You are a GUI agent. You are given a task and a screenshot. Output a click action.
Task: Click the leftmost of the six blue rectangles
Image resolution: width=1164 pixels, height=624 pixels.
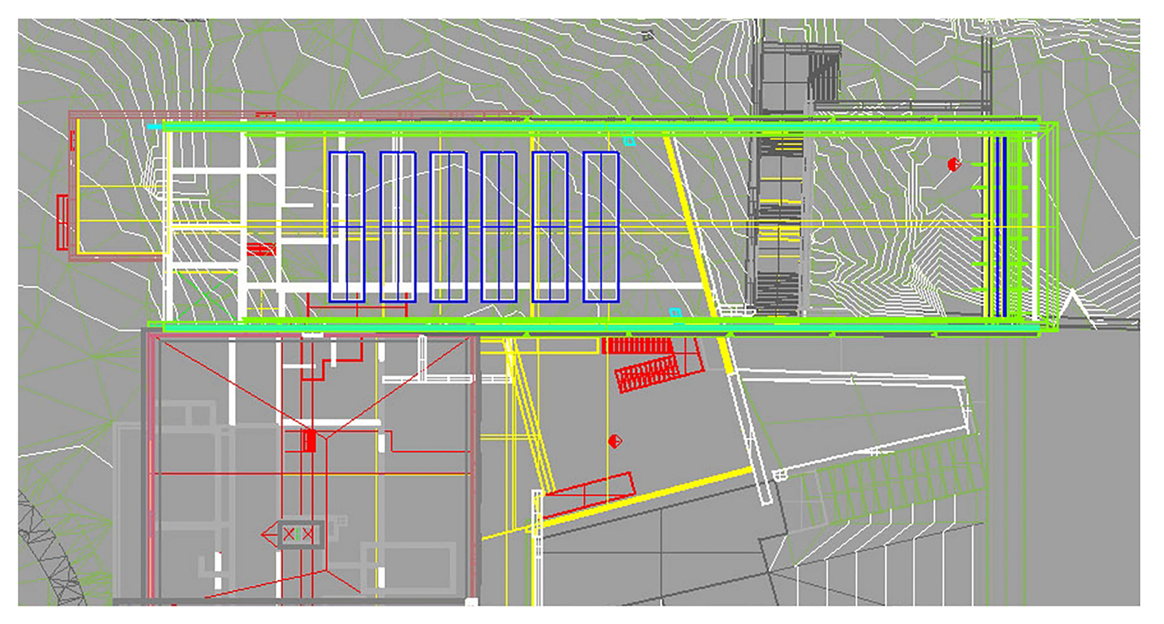(x=347, y=226)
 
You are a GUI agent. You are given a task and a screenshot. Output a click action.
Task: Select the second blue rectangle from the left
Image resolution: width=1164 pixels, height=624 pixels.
(x=398, y=226)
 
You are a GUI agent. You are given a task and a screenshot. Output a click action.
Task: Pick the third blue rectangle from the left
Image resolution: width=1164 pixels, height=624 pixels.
(x=448, y=226)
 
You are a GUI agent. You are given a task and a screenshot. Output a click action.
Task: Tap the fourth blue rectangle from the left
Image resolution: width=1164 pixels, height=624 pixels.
(x=499, y=226)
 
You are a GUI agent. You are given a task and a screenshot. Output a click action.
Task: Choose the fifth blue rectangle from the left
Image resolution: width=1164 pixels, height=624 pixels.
(x=550, y=226)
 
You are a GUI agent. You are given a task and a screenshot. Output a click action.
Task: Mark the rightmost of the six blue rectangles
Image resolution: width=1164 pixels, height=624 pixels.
(x=601, y=226)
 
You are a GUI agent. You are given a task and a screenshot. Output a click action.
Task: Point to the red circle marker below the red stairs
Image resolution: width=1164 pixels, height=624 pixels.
(x=615, y=441)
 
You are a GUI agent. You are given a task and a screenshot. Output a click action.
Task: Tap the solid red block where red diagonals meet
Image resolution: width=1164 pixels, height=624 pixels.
(x=310, y=441)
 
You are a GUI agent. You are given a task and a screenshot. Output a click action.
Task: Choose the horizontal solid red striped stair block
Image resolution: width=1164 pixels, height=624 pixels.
(x=637, y=346)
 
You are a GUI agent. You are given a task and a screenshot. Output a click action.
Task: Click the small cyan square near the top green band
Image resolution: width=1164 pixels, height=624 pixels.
(x=629, y=141)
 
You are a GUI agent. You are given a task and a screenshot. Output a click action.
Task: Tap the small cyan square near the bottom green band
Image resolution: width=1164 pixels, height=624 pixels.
(x=675, y=313)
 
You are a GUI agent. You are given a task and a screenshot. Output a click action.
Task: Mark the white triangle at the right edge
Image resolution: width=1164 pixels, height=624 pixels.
(x=1072, y=304)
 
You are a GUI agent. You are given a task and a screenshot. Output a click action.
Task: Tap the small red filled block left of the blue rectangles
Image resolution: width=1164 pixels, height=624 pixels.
(x=260, y=250)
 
